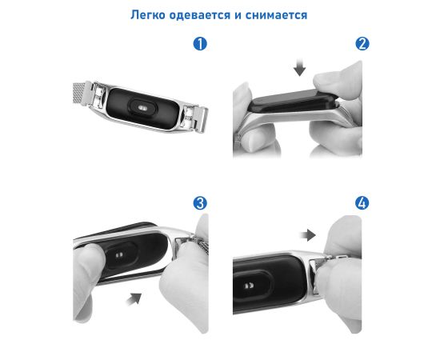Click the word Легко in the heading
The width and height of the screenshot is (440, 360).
[x=148, y=15]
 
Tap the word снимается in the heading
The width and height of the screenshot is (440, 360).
[x=277, y=15]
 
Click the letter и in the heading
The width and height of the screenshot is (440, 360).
[x=238, y=15]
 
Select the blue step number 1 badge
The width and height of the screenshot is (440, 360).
[x=200, y=44]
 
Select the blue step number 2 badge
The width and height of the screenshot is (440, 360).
[x=362, y=44]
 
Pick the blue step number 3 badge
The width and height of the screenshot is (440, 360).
[x=200, y=203]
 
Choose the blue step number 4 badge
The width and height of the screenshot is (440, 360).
[x=362, y=203]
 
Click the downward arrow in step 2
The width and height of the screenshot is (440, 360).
[x=300, y=67]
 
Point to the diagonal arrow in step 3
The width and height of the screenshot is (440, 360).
[x=134, y=298]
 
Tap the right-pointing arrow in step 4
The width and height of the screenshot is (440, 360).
[x=308, y=235]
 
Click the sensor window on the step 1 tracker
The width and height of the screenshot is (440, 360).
[x=142, y=107]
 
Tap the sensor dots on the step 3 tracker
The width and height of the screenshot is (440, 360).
[x=119, y=255]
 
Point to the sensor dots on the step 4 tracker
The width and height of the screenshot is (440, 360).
[x=249, y=286]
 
